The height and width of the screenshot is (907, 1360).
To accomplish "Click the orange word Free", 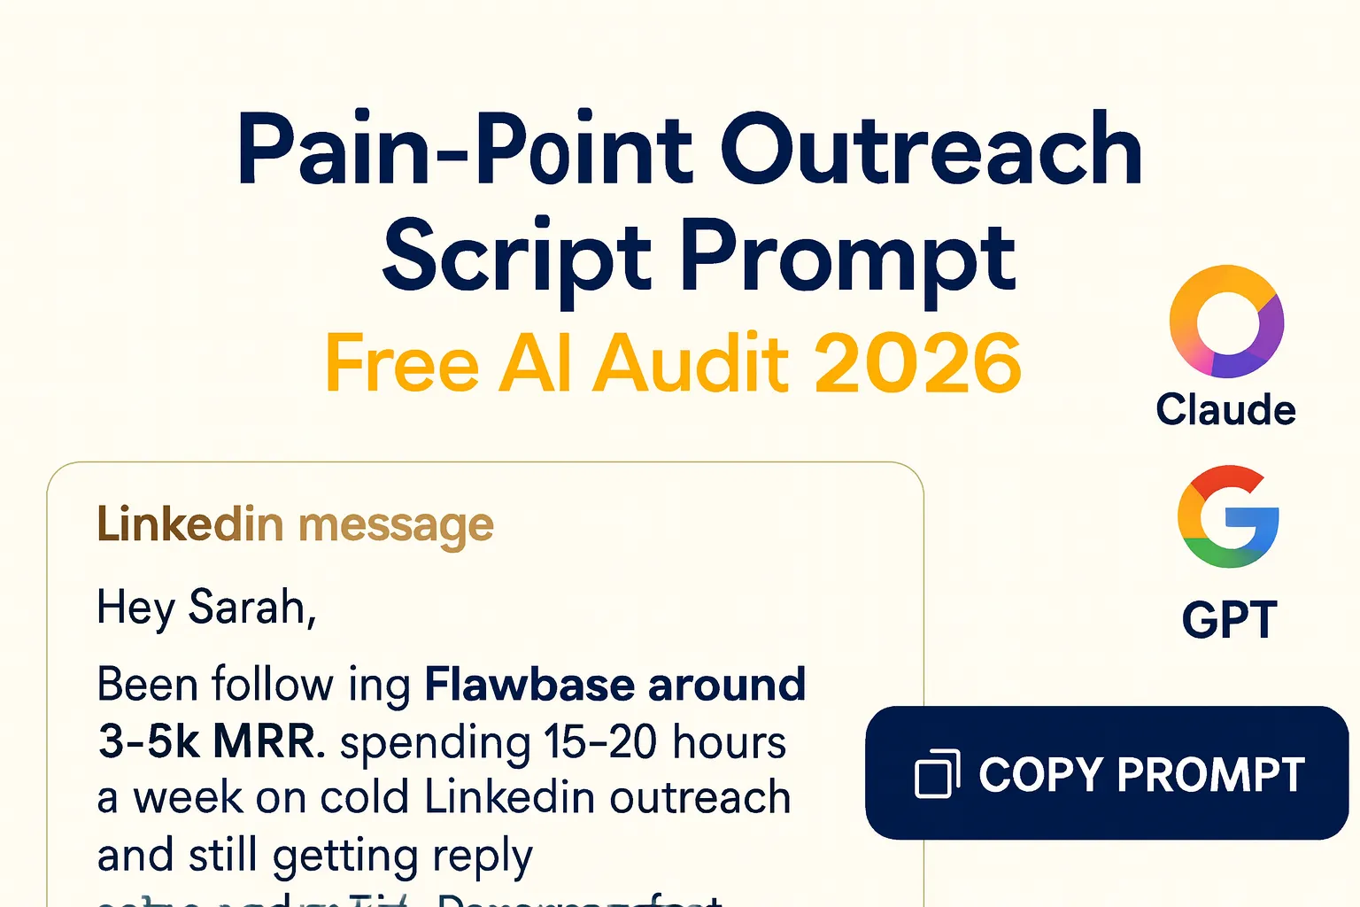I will click(x=403, y=363).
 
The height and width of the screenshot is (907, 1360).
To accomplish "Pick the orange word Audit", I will click(x=692, y=363).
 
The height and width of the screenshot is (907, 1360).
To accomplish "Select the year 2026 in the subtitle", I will click(x=917, y=363).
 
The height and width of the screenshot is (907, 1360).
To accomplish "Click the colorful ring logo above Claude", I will click(x=1226, y=322).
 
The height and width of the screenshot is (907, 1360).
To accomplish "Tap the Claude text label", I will click(x=1226, y=410).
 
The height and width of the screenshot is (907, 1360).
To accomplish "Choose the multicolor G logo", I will click(x=1228, y=516).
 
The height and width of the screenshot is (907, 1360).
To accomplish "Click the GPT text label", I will click(x=1230, y=619).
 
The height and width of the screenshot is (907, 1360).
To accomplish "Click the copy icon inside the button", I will click(x=937, y=774).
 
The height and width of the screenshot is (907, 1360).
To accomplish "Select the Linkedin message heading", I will click(x=295, y=524).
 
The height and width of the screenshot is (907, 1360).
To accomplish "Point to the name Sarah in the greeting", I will click(x=248, y=608).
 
